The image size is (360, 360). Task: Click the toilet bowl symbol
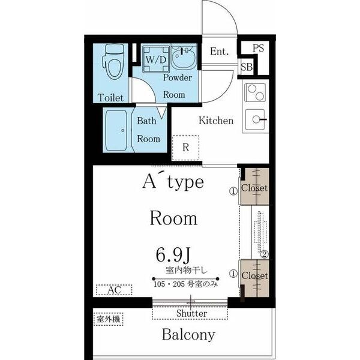click(114, 62)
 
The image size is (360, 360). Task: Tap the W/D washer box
click(156, 59)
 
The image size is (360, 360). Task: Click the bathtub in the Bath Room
click(116, 130)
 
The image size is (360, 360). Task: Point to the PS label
click(258, 48)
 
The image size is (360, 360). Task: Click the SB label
click(247, 67)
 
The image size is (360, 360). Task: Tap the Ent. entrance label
click(220, 51)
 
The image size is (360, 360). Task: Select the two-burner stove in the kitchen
click(256, 92)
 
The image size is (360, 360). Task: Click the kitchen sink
click(256, 119)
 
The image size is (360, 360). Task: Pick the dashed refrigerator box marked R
click(185, 148)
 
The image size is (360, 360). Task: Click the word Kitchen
click(216, 121)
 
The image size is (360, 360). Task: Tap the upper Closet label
click(254, 188)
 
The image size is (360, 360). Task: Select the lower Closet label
click(255, 275)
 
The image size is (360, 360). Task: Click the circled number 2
click(265, 254)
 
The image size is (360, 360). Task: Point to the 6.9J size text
click(173, 256)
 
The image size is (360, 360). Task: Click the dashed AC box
click(114, 290)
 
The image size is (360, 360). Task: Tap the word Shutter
click(191, 313)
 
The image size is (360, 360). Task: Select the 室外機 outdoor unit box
click(109, 319)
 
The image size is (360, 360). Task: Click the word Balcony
click(188, 335)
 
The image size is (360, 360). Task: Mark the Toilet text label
click(110, 98)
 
